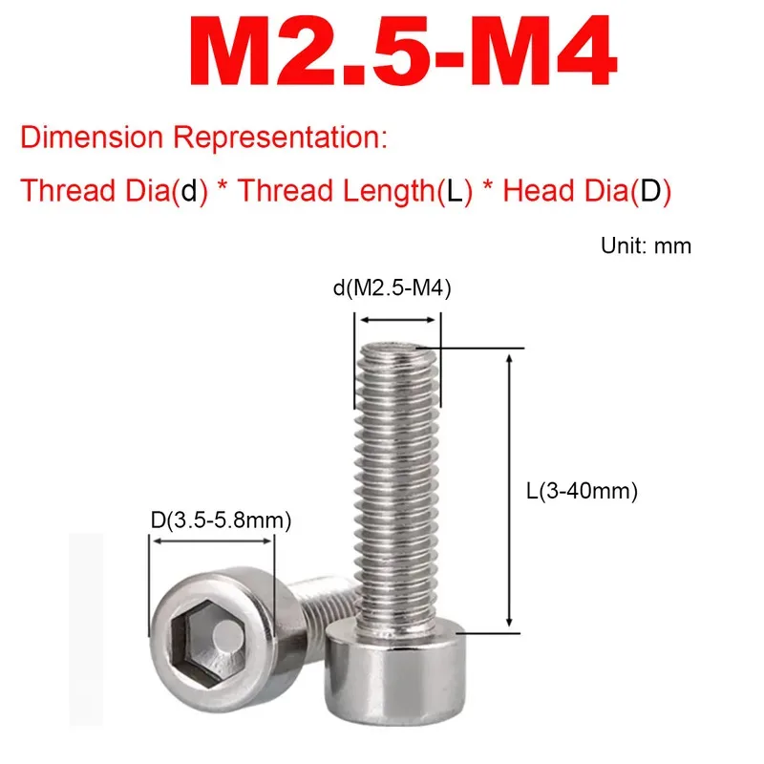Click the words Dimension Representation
pos(203,138)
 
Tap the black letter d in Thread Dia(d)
pos(194,190)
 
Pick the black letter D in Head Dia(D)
pos(650,190)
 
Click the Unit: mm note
pos(646,245)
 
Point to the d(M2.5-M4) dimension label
pos(393,287)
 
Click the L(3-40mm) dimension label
pos(581,493)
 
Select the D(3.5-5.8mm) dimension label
pos(220,520)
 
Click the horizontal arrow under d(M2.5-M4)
pos(398,321)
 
